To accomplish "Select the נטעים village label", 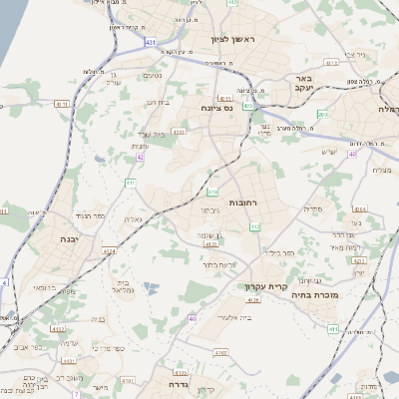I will point(153,75).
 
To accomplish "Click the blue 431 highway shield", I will point(150,42).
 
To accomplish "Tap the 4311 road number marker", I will point(61,103).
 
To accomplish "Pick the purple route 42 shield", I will point(141,157).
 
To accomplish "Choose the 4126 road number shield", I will point(253,300).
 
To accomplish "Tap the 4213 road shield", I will point(359,261).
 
